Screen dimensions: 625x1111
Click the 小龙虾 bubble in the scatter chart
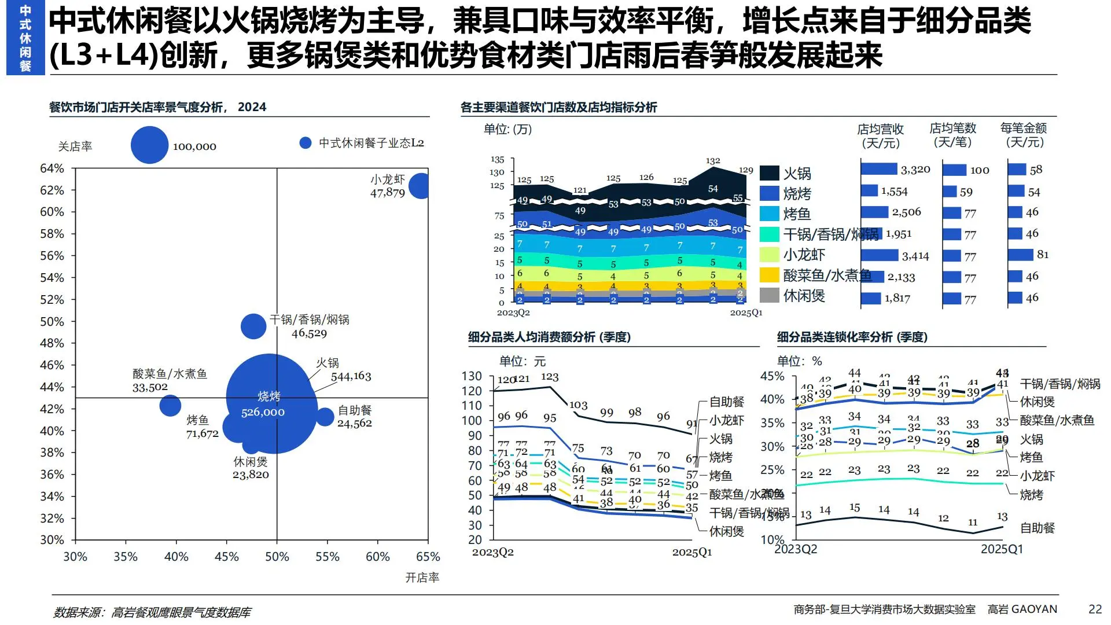(419, 186)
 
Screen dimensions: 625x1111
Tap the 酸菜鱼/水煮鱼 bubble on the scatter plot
(170, 405)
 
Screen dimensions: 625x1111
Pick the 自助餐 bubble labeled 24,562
(326, 417)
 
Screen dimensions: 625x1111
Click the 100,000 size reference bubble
(149, 145)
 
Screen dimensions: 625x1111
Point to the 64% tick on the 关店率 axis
(52, 168)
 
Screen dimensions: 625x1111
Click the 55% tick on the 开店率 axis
(327, 557)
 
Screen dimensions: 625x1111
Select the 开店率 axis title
(422, 578)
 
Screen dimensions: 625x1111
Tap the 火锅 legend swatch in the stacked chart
(770, 173)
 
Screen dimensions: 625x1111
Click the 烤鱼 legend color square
(770, 214)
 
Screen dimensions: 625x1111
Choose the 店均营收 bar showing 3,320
(878, 169)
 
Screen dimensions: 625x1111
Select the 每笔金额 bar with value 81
(1020, 255)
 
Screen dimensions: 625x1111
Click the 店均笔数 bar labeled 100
(954, 170)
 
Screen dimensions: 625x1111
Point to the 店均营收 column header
(880, 135)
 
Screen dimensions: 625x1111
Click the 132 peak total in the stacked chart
(713, 161)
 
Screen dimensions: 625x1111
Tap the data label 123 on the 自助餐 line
(550, 377)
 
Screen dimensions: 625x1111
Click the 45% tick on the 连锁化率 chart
(772, 376)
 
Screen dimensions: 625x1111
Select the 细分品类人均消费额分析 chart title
(549, 337)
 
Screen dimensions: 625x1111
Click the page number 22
(1095, 609)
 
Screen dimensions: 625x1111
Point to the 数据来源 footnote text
(152, 612)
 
